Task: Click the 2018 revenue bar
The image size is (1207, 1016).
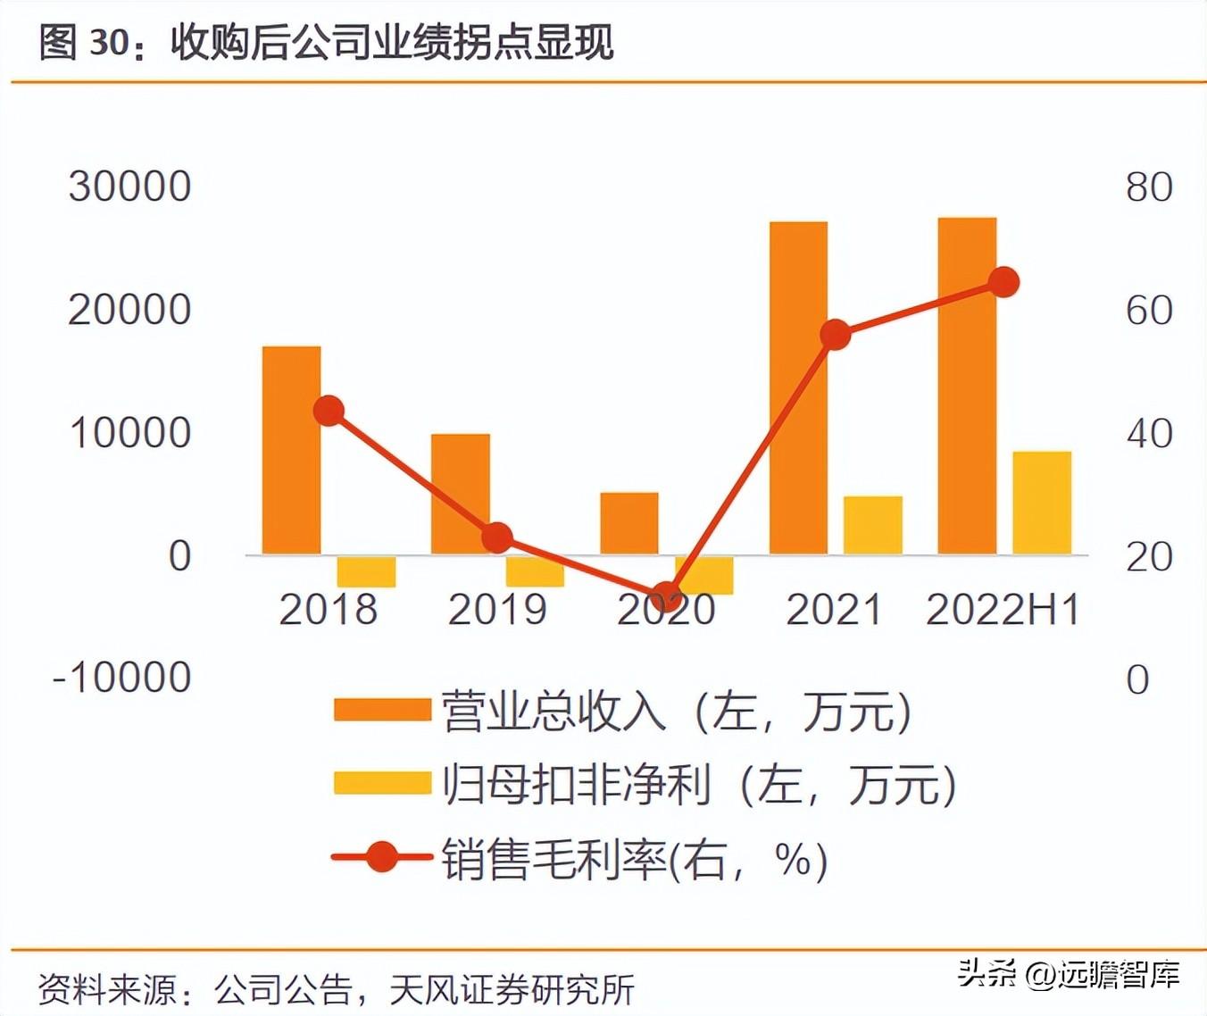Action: (x=291, y=450)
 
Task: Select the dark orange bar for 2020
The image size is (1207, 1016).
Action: (x=629, y=523)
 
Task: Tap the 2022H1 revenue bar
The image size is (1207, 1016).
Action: (x=967, y=386)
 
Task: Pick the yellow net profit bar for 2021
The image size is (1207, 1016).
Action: (x=873, y=525)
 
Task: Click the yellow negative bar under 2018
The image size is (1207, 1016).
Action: (x=366, y=571)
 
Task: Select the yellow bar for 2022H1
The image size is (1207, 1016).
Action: (x=1042, y=503)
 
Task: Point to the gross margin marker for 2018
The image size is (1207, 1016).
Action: (x=329, y=412)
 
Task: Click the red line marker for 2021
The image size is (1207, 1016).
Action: (x=836, y=335)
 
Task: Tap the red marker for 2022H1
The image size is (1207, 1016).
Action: (x=1004, y=283)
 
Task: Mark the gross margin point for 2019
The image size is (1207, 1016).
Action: (x=497, y=537)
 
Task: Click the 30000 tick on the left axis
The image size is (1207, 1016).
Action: (x=129, y=187)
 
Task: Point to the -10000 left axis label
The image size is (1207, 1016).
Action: (x=122, y=679)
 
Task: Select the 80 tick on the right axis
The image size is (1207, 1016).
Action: (x=1149, y=187)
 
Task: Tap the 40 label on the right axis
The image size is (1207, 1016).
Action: (x=1149, y=434)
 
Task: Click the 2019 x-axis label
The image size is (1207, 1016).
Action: (x=497, y=610)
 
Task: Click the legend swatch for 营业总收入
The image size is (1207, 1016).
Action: (x=382, y=711)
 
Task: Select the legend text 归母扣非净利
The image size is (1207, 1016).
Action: (x=577, y=786)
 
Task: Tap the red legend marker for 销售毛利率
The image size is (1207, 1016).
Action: (x=382, y=858)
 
